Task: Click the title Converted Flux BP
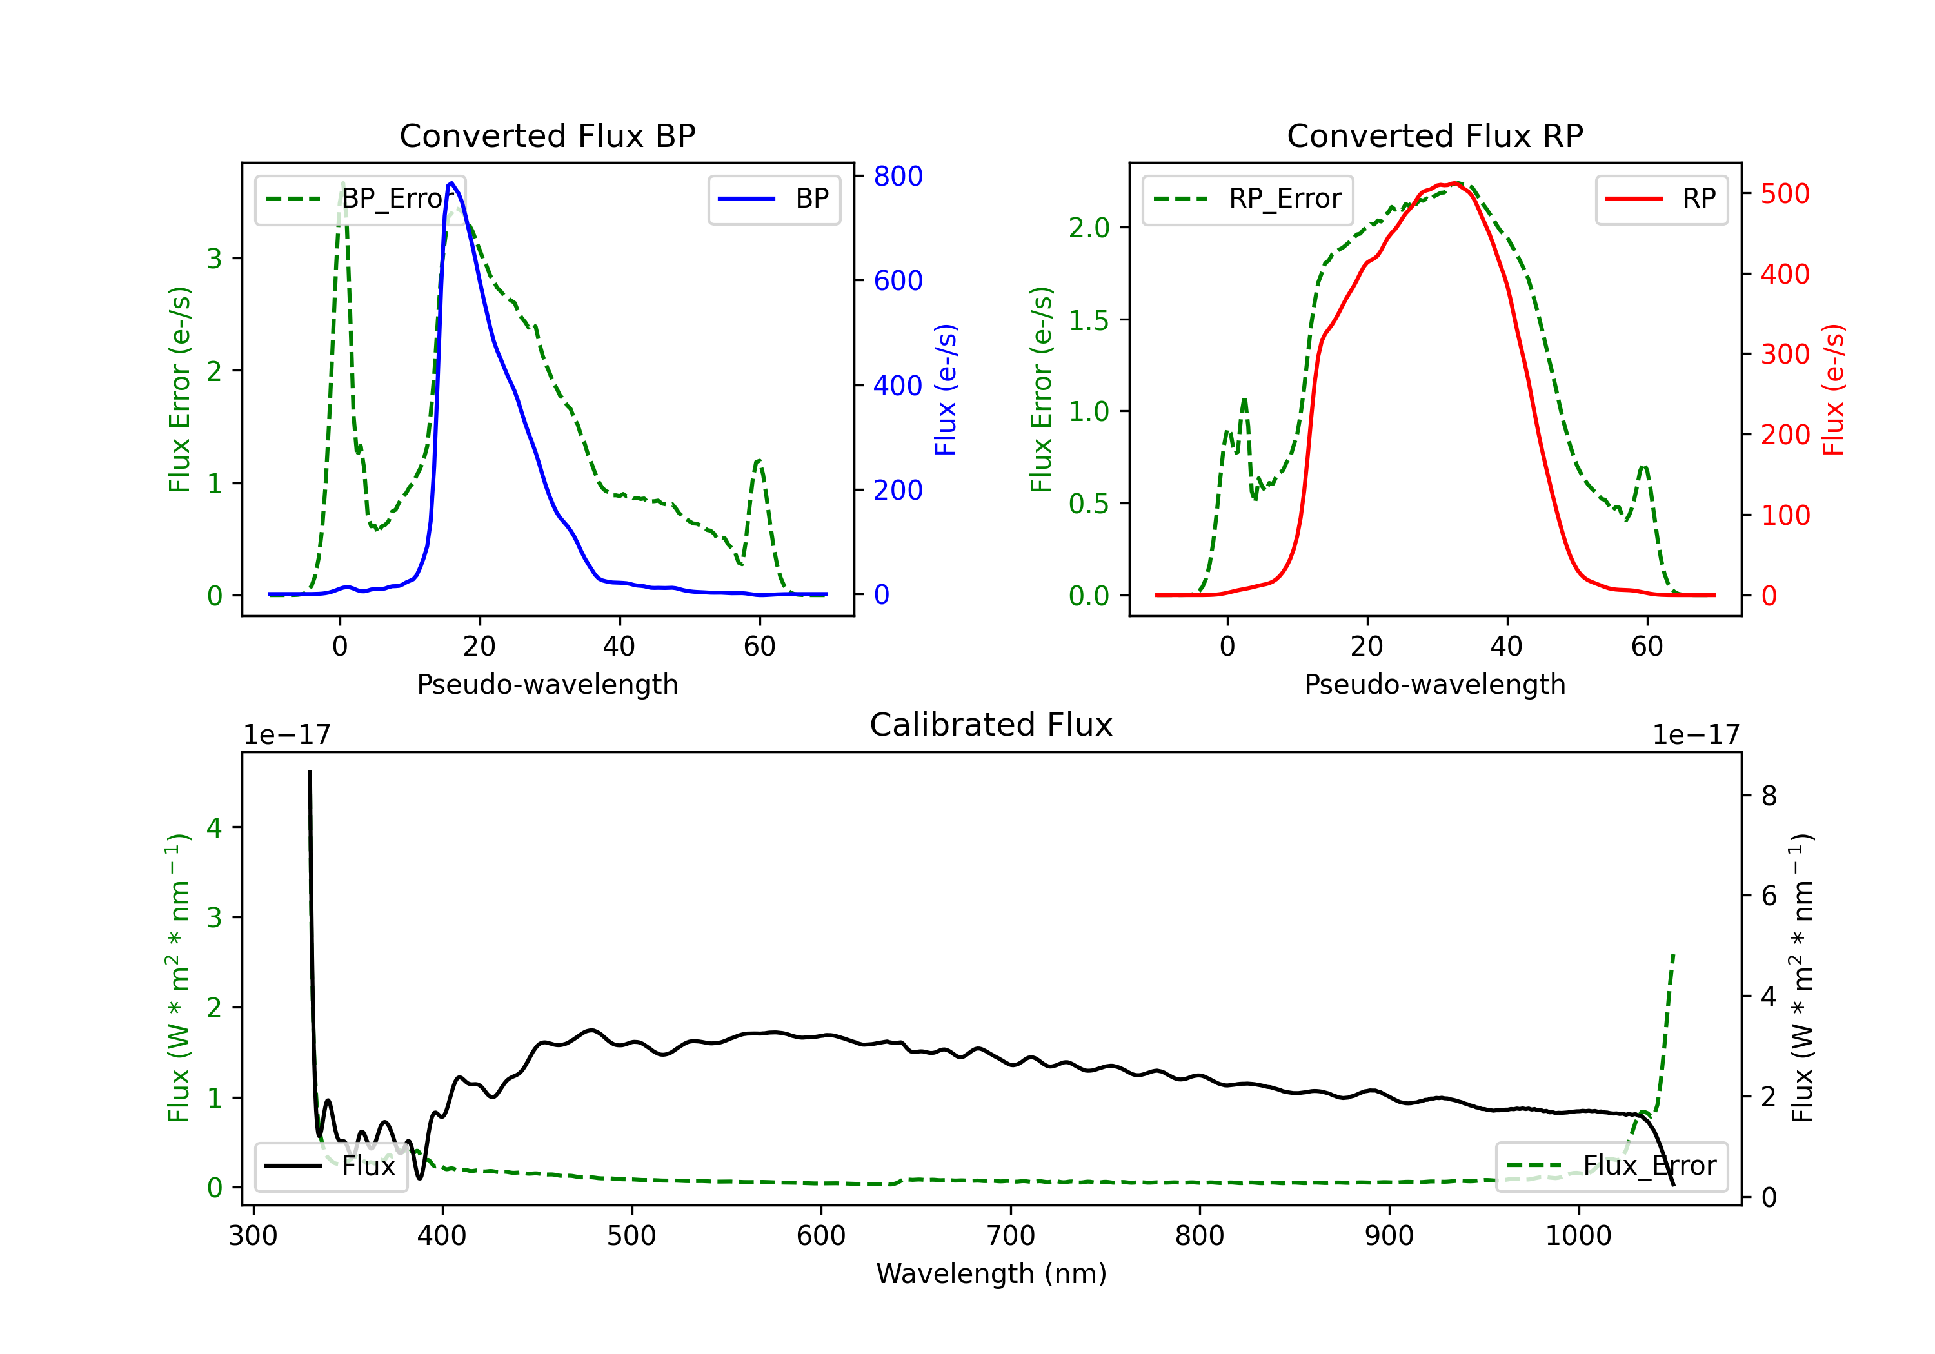[x=548, y=135]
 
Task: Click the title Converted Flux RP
[x=1435, y=135]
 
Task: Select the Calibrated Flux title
[x=991, y=725]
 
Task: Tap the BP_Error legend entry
[x=360, y=199]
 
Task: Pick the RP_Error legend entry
[x=1247, y=199]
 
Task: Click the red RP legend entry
[x=1661, y=199]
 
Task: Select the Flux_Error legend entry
[x=1611, y=1166]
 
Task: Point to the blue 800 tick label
[x=898, y=176]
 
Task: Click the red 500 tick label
[x=1785, y=194]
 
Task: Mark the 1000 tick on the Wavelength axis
[x=1578, y=1235]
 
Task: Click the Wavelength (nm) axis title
[x=991, y=1273]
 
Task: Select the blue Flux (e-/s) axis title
[x=946, y=389]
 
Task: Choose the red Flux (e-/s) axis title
[x=1833, y=389]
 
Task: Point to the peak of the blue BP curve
[x=451, y=183]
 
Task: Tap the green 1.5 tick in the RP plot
[x=1089, y=320]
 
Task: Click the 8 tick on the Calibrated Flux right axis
[x=1769, y=796]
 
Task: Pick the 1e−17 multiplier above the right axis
[x=1696, y=735]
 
